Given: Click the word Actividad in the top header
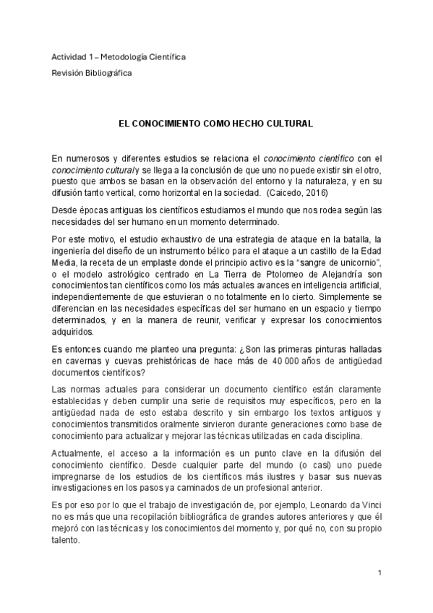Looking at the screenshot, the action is [x=67, y=57].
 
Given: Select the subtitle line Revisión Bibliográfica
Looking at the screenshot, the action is [x=91, y=73].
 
